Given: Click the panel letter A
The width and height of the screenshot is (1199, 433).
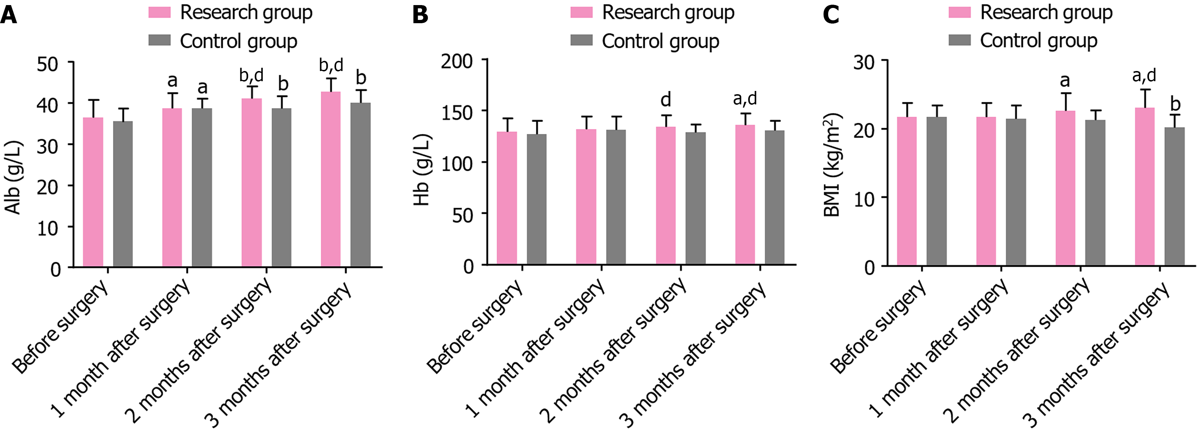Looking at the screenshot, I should tap(9, 15).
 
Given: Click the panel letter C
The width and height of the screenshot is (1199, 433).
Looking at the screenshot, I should tap(831, 15).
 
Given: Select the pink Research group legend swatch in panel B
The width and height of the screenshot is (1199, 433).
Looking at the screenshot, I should tap(581, 13).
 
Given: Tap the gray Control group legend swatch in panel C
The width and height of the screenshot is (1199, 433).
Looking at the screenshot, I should tap(959, 41).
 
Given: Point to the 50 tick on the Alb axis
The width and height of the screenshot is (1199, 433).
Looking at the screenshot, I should tap(47, 64).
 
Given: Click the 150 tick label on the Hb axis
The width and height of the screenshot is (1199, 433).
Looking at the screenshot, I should tap(457, 112).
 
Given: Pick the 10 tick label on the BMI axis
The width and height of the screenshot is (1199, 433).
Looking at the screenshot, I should tap(865, 199).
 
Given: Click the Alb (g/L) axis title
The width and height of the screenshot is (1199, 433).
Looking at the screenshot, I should tap(13, 177).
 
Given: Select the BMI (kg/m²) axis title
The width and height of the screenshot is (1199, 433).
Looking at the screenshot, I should tap(832, 165).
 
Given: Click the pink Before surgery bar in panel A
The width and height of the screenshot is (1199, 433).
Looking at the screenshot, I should tap(93, 192).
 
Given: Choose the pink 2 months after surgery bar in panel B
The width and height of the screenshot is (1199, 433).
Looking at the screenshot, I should tap(666, 195).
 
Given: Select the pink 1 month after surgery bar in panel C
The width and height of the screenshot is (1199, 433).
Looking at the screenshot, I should tap(986, 191).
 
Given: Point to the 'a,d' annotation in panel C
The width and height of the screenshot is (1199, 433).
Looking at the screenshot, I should tap(1144, 75).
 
